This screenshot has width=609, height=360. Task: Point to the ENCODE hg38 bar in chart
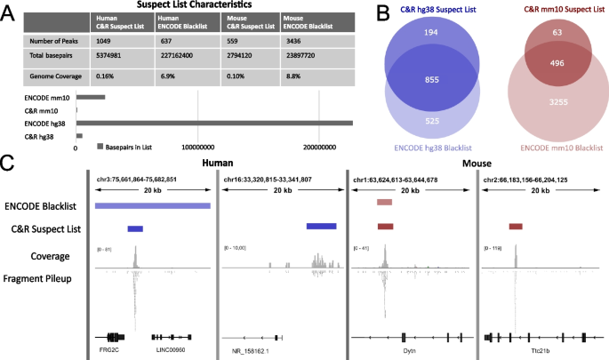[214, 123]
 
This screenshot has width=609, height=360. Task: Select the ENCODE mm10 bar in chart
[91, 98]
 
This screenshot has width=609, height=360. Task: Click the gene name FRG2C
[110, 351]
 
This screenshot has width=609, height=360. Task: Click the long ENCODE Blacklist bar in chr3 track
[153, 205]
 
